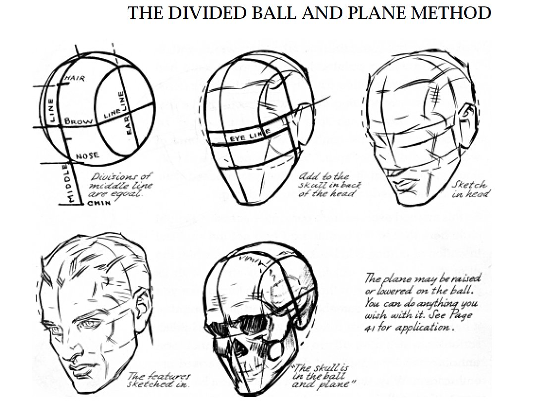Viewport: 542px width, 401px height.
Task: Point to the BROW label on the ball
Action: [77, 121]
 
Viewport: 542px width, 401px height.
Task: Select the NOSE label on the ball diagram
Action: [87, 156]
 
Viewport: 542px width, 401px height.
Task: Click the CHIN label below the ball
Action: [99, 203]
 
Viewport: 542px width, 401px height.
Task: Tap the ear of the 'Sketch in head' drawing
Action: [467, 117]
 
